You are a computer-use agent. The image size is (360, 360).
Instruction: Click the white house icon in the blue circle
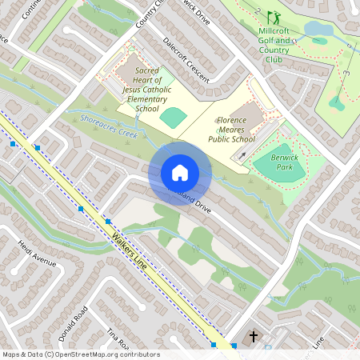180,173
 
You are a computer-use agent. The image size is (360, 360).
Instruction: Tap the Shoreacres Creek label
108,126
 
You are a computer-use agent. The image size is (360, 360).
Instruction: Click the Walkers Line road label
132,254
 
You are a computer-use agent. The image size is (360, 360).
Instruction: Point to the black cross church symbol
255,337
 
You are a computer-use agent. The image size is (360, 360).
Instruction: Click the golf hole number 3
347,74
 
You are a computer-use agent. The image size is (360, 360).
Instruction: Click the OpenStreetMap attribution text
80,354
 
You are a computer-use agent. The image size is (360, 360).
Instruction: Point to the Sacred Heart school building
132,67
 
